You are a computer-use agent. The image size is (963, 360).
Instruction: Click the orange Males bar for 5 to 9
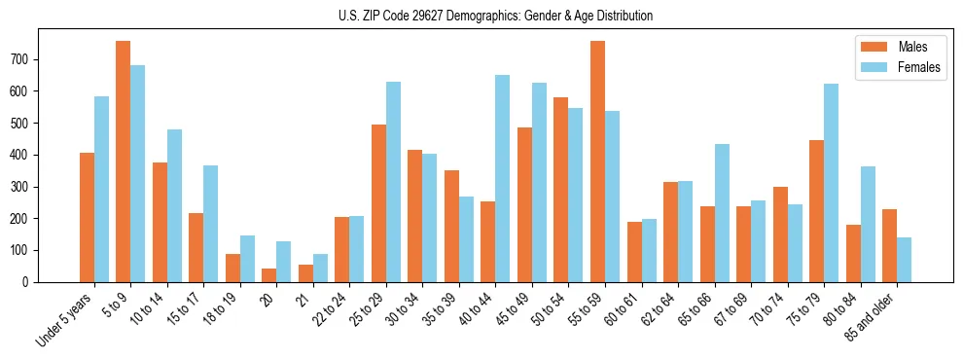click(124, 162)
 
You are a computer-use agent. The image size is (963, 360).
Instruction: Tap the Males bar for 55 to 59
click(597, 162)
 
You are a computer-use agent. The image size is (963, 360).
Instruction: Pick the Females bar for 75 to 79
click(831, 183)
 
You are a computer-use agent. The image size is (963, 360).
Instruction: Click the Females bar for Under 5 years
click(101, 189)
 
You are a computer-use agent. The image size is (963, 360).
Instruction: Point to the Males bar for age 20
click(269, 275)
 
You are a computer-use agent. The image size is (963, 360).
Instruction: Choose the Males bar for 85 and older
click(889, 245)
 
